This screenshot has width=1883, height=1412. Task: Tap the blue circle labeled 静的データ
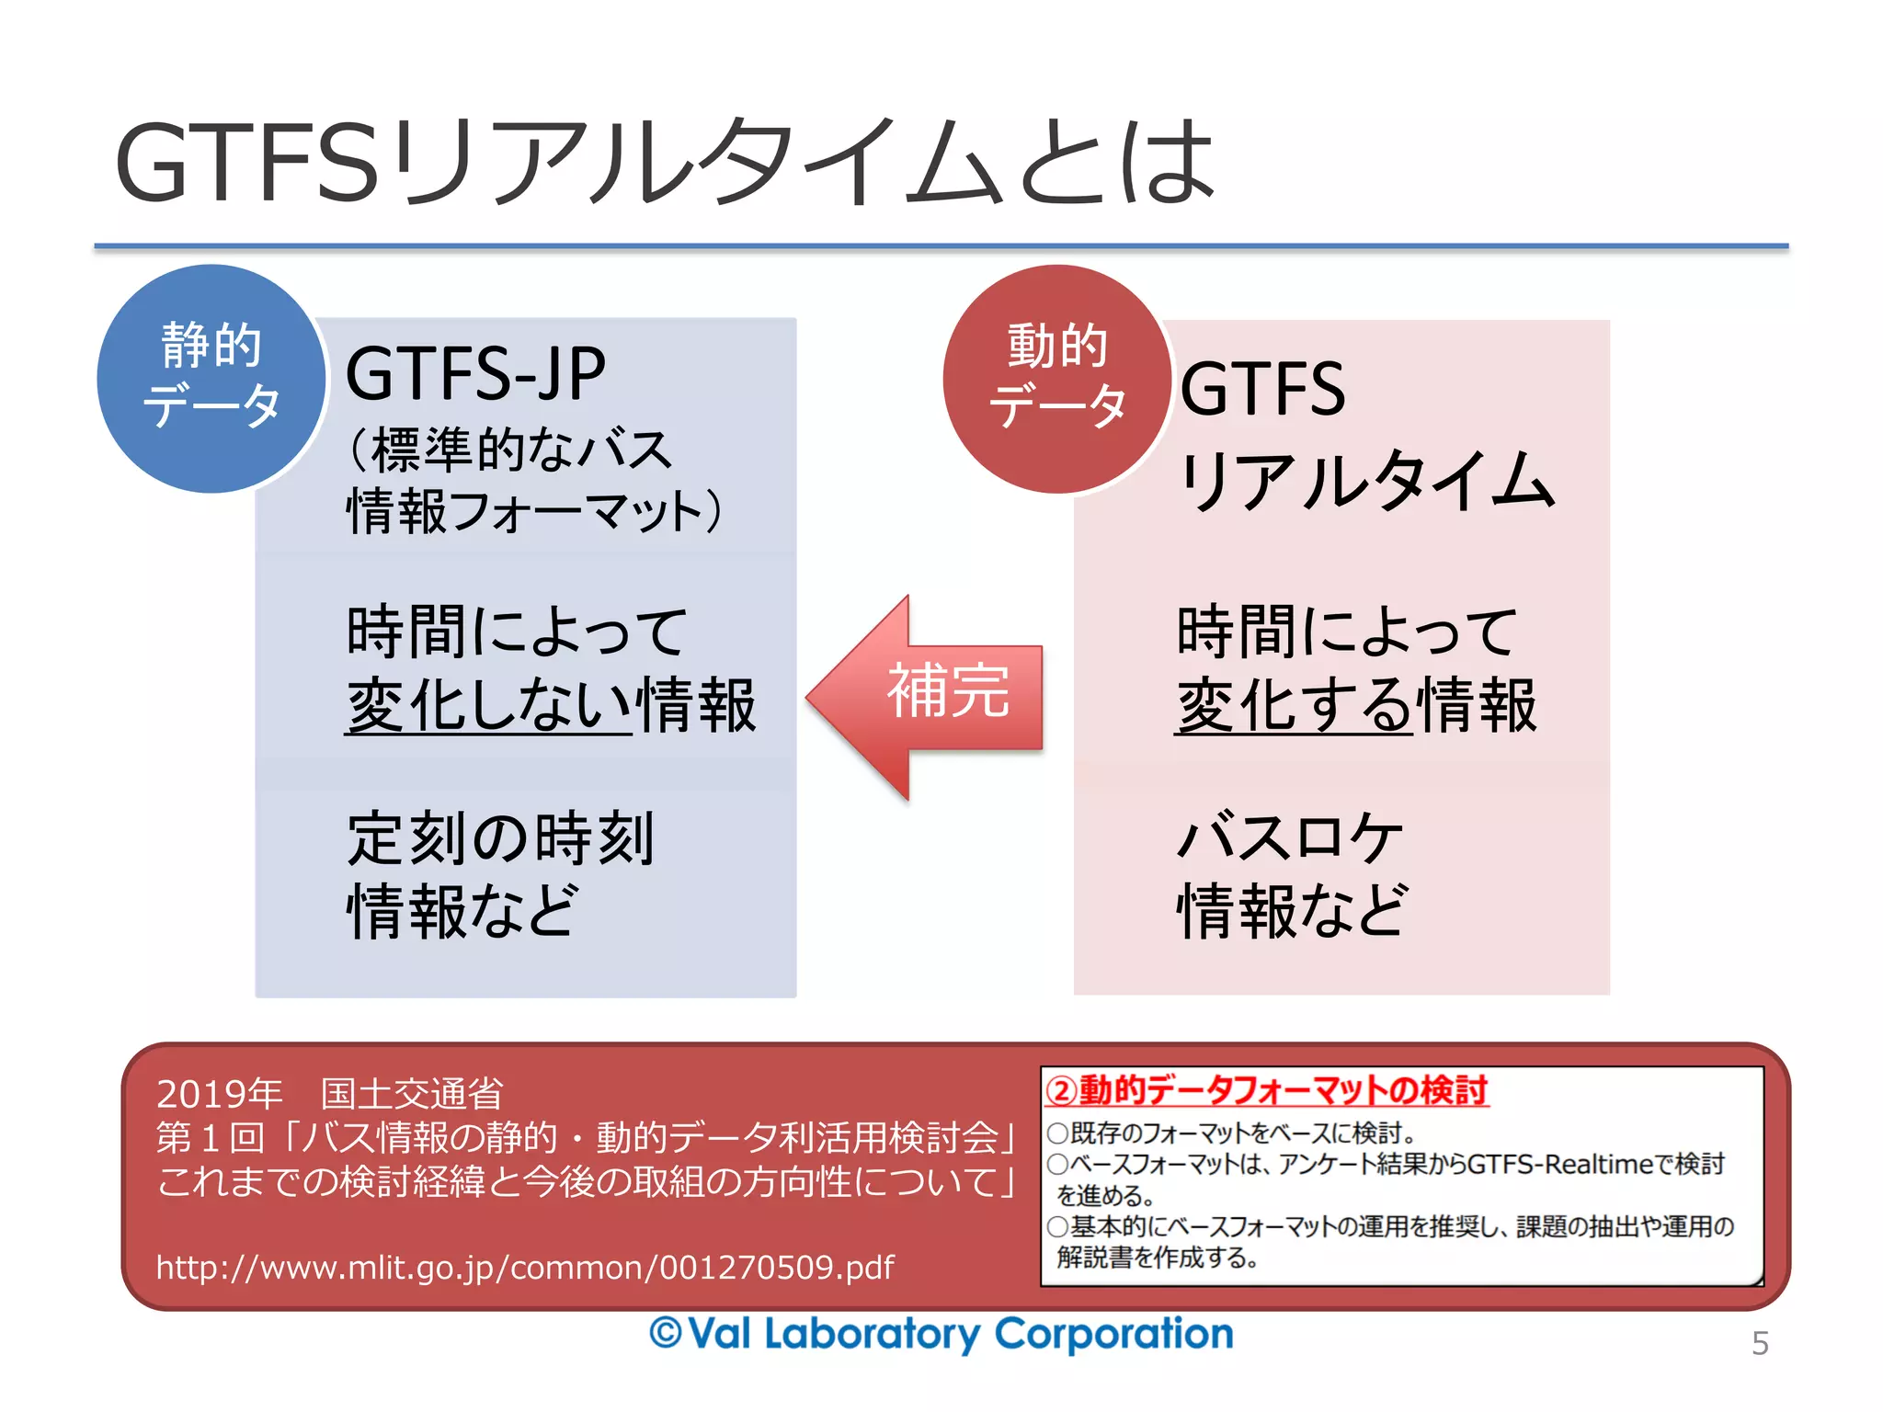[x=211, y=378]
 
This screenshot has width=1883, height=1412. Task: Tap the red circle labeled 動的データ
[x=1057, y=378]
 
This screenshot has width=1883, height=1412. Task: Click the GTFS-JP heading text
[x=475, y=373]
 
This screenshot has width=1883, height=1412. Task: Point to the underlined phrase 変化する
[x=1294, y=706]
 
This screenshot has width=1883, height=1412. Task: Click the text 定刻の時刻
[x=500, y=837]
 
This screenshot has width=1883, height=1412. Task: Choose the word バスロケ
[x=1289, y=837]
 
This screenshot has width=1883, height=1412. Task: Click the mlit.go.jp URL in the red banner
[x=525, y=1268]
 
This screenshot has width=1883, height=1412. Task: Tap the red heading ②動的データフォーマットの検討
[x=1266, y=1090]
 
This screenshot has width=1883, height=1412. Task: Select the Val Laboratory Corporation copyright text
[x=941, y=1334]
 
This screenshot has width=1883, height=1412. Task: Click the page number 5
[x=1760, y=1343]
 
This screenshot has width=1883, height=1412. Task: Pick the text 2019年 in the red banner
[x=219, y=1093]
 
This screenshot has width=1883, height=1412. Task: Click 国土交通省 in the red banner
[x=411, y=1093]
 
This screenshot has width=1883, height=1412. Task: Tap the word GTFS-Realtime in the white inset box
[x=1560, y=1165]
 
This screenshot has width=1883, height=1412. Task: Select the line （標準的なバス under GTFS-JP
[x=510, y=450]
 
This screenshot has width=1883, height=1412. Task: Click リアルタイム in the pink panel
[x=1366, y=481]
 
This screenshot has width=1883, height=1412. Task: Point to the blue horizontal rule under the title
[x=941, y=246]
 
